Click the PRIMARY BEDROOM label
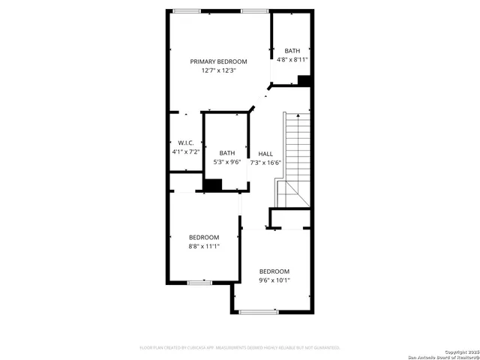(x=218, y=61)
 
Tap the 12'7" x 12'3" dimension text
(x=218, y=70)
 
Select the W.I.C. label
(x=185, y=142)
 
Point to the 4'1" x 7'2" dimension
(x=185, y=151)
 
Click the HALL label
(x=265, y=153)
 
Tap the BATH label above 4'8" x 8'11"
(x=292, y=50)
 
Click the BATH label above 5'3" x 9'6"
(x=226, y=153)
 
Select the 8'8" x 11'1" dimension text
(x=203, y=245)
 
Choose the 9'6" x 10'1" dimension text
(x=274, y=280)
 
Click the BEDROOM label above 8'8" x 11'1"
(x=203, y=236)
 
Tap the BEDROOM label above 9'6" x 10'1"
(x=274, y=271)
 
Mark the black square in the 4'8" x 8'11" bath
(x=304, y=80)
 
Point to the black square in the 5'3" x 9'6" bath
(x=213, y=185)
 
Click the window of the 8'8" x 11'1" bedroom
(x=199, y=283)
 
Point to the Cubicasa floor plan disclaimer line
(x=240, y=347)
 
